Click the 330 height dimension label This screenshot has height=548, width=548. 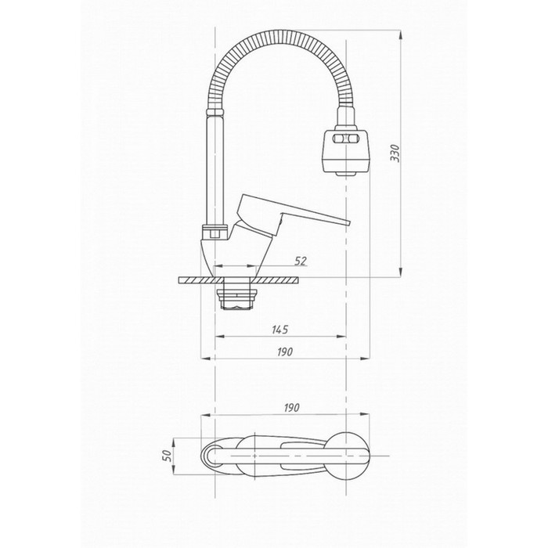pyautogui.click(x=395, y=153)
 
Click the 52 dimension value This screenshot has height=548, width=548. pyautogui.click(x=300, y=261)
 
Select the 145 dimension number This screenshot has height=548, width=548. pyautogui.click(x=280, y=330)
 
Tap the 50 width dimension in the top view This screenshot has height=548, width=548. pyautogui.click(x=168, y=455)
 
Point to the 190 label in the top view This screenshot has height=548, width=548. pyautogui.click(x=291, y=408)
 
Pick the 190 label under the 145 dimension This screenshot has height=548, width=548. pyautogui.click(x=285, y=352)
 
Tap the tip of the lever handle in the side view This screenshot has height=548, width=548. pyautogui.click(x=349, y=223)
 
